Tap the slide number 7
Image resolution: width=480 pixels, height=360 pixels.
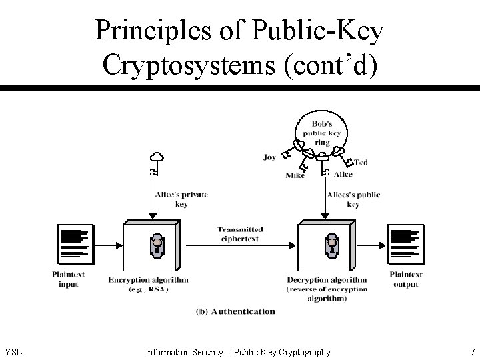coord(472,352)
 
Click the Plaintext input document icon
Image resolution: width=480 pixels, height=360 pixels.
coord(75,244)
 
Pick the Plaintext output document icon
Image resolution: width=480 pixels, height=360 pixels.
coord(405,244)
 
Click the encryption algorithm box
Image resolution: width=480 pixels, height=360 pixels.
coord(153,244)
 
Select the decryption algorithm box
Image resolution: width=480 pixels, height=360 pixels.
coord(326,244)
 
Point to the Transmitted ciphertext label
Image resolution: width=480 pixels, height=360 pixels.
coord(239,233)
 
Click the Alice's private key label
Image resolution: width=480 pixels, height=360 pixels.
coord(181,199)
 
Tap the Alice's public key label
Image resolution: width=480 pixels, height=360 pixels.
coord(353,199)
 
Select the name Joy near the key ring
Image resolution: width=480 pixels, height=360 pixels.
coord(269,157)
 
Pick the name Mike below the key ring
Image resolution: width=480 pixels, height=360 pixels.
coord(295,176)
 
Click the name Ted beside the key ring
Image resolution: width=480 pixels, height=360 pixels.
coord(360,162)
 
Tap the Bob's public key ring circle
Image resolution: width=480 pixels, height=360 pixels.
coord(322,133)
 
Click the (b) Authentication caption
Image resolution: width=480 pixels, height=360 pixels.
coord(235,311)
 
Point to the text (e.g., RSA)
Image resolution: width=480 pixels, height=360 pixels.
coord(148,289)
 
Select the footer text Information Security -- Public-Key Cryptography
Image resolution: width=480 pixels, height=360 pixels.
coord(238,352)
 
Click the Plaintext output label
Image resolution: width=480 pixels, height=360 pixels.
coord(406,279)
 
